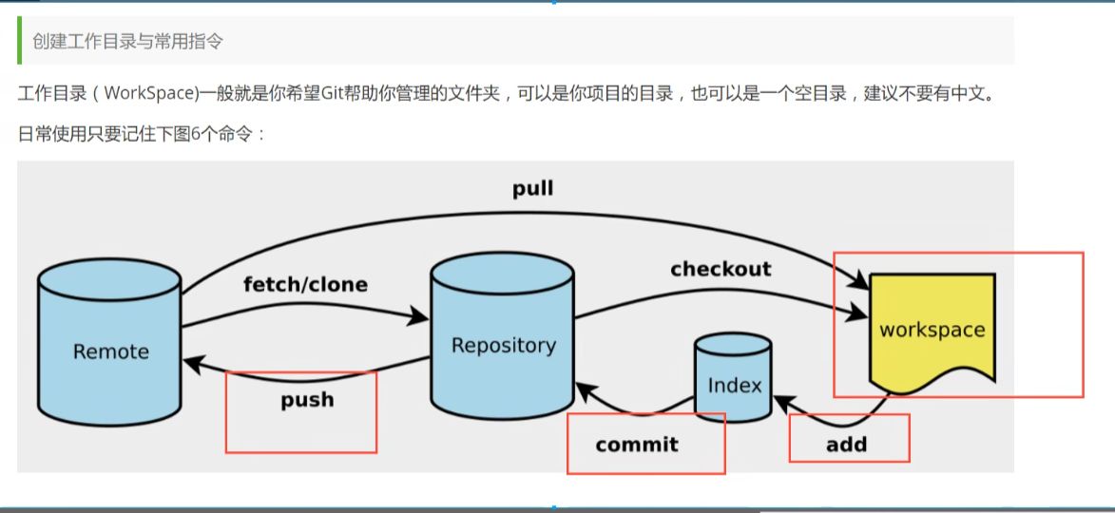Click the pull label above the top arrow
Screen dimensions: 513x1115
532,189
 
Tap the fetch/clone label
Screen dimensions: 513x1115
305,284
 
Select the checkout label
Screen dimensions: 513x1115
721,269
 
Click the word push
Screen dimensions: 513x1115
307,399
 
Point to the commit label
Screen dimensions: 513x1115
637,444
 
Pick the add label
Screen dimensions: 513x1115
846,444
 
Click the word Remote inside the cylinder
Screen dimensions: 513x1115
110,351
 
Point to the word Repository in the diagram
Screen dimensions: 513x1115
503,345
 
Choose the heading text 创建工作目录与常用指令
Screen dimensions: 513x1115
128,42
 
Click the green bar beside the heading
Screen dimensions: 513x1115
20,40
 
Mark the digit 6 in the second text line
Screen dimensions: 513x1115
196,133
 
